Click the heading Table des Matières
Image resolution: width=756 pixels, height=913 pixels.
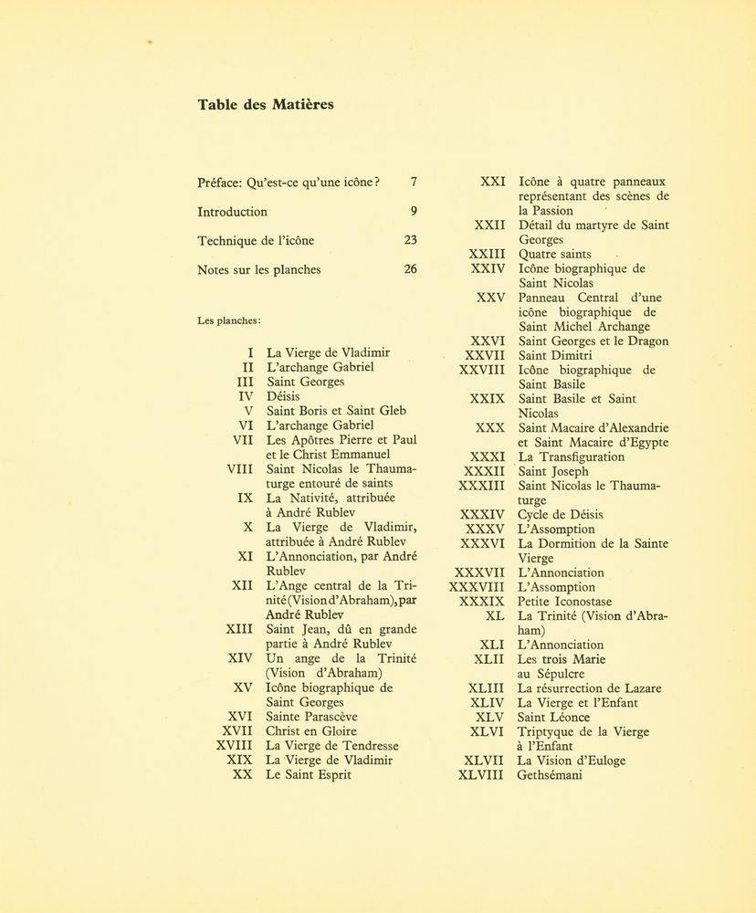click(266, 104)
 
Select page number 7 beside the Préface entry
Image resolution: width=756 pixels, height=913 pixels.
click(414, 182)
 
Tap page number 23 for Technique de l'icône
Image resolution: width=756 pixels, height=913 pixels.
click(410, 240)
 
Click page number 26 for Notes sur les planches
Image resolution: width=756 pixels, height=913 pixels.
click(410, 269)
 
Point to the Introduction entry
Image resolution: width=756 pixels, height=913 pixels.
click(232, 211)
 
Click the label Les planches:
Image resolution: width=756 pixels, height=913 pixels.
click(229, 320)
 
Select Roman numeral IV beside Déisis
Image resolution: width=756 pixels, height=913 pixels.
click(245, 396)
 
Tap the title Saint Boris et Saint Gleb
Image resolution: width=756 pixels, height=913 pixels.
click(336, 411)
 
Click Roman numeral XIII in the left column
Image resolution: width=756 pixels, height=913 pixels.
click(239, 629)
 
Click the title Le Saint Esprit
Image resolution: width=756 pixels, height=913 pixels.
click(309, 774)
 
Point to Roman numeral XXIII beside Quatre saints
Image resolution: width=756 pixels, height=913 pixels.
click(488, 254)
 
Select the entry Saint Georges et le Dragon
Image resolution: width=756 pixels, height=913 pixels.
click(593, 341)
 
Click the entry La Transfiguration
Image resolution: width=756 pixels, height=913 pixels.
click(572, 456)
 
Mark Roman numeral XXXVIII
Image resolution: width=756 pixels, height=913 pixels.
click(476, 587)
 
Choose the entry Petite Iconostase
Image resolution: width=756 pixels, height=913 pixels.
click(564, 602)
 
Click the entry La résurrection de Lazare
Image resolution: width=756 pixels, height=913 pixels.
click(590, 688)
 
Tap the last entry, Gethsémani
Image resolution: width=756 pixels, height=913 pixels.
click(550, 775)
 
